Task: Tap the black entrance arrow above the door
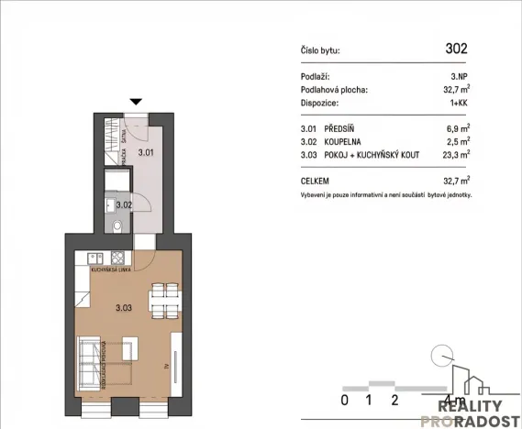(x=137, y=103)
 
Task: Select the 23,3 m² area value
(x=456, y=156)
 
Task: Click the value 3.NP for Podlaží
(x=460, y=77)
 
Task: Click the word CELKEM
(x=317, y=181)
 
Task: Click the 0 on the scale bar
(x=344, y=400)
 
